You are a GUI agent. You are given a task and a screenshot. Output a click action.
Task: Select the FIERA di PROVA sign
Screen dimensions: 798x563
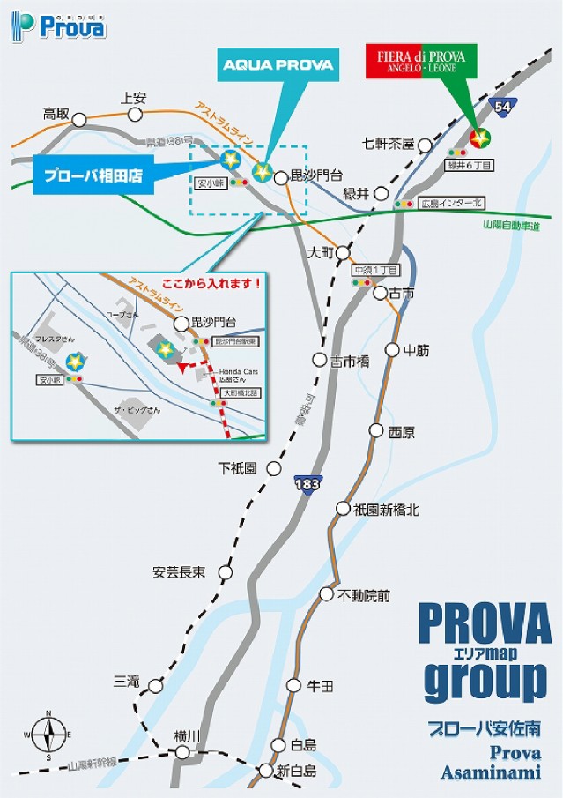pyautogui.click(x=421, y=63)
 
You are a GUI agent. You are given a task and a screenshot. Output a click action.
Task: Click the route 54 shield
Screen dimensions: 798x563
pyautogui.click(x=503, y=107)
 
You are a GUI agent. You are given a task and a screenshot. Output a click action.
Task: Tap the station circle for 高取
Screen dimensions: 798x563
pyautogui.click(x=80, y=118)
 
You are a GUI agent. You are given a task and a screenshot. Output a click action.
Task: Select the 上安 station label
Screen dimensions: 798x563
pyautogui.click(x=132, y=98)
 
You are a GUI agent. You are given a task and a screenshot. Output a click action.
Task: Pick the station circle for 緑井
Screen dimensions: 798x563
pyautogui.click(x=382, y=193)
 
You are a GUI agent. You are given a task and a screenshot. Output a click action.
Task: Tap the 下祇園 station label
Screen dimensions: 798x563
pyautogui.click(x=238, y=468)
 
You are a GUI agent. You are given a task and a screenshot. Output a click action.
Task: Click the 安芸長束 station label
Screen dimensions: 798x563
pyautogui.click(x=179, y=572)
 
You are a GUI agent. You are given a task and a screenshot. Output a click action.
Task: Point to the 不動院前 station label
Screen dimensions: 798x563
pyautogui.click(x=364, y=595)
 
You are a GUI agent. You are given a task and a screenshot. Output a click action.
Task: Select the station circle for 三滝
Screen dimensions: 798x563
pyautogui.click(x=156, y=684)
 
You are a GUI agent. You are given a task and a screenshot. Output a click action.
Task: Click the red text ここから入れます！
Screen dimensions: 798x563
pyautogui.click(x=213, y=284)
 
